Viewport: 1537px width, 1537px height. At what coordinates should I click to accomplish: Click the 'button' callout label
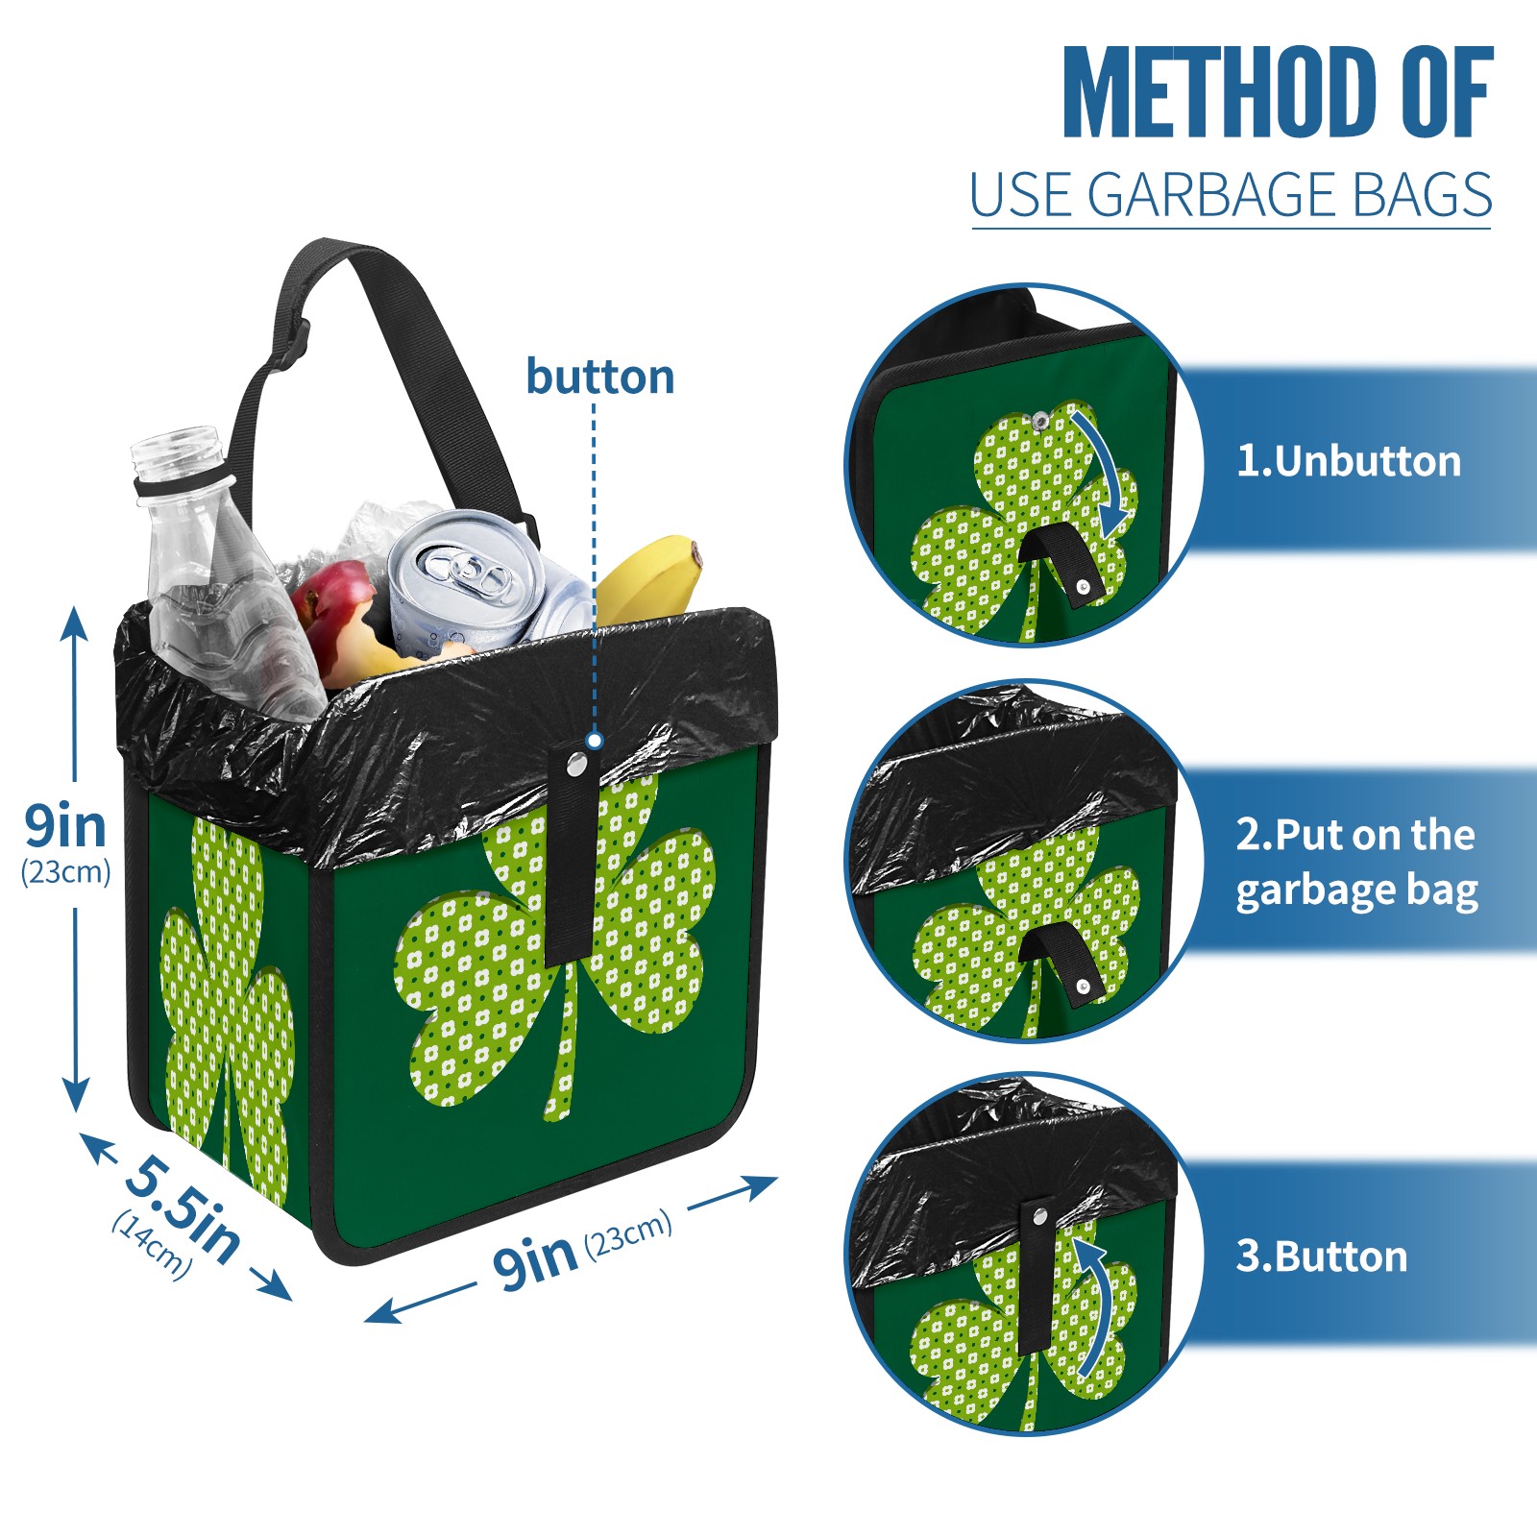[x=600, y=377]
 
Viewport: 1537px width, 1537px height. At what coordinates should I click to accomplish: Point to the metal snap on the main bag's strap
[x=577, y=765]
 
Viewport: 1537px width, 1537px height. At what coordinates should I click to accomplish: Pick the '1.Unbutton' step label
[x=1349, y=461]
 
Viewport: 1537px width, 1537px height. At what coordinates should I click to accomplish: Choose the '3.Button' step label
[x=1322, y=1256]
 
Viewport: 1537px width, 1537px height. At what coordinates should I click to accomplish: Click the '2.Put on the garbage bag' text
[x=1356, y=863]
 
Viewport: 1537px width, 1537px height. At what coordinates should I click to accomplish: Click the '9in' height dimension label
[x=65, y=826]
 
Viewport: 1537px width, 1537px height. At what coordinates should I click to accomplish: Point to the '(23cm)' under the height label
[x=65, y=872]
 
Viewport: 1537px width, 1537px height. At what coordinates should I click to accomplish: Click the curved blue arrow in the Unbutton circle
[x=1105, y=471]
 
